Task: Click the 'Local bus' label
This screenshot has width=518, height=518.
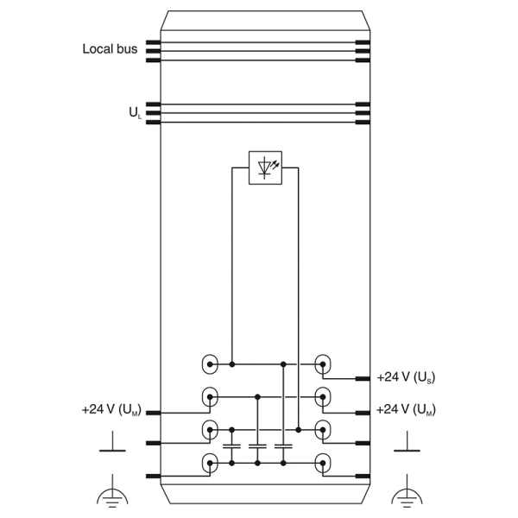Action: [110, 49]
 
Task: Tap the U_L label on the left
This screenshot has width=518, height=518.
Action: [136, 113]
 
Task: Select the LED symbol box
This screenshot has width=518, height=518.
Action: [265, 167]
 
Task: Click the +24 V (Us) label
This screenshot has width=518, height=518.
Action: [406, 377]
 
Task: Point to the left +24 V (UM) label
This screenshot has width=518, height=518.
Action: [111, 409]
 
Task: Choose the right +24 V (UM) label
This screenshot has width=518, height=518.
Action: [406, 409]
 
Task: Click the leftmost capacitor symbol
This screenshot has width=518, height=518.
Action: [231, 446]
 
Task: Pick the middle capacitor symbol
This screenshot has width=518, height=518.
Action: [257, 446]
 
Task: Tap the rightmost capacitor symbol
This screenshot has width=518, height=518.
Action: [283, 446]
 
